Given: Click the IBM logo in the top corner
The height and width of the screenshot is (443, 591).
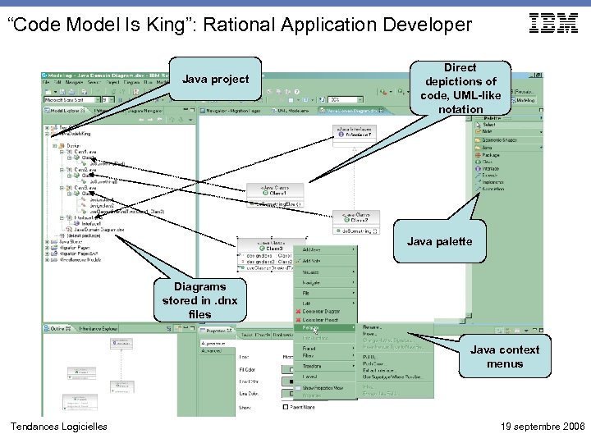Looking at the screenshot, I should [553, 24].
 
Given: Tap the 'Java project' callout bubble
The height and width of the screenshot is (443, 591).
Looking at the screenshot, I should [215, 80].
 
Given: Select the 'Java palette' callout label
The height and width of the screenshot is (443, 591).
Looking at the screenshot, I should [439, 241].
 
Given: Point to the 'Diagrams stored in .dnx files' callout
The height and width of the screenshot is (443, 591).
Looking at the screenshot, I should [199, 300].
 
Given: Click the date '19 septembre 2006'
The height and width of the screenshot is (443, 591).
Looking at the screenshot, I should [542, 427].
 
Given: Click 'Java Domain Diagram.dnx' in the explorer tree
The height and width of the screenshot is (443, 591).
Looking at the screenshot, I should [98, 230].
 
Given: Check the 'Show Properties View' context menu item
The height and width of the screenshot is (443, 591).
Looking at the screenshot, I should [328, 388].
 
